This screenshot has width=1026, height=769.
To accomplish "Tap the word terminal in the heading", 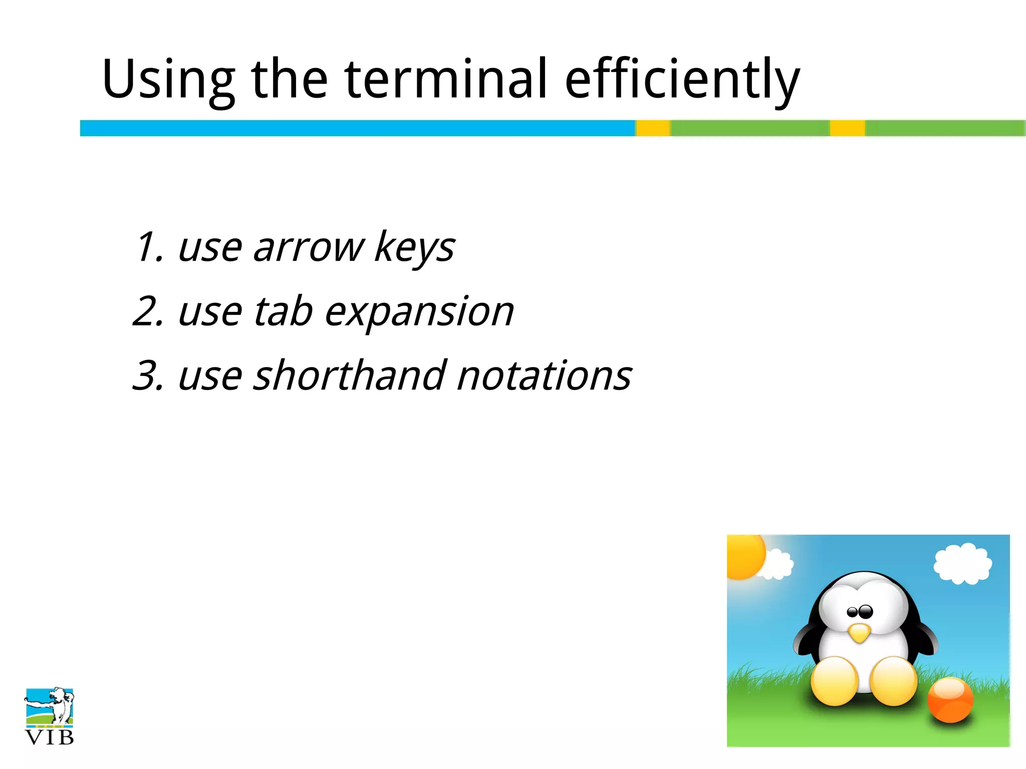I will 445,79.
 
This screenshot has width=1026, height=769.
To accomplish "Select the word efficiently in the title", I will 682,80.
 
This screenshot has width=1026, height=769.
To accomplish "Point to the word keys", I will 414,248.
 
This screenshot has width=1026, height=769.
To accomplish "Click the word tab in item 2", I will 283,311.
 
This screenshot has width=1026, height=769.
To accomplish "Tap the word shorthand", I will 349,375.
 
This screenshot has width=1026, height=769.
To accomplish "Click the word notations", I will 545,375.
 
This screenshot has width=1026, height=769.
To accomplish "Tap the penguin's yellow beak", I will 860,633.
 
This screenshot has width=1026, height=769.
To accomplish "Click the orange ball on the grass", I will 950,700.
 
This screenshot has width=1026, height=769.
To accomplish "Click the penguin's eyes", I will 860,611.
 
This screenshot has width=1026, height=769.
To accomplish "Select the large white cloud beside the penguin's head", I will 962,563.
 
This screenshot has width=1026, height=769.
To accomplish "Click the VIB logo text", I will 49,737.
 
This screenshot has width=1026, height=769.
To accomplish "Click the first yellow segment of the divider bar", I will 653,128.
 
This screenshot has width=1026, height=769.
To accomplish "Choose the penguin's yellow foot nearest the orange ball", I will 893,681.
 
